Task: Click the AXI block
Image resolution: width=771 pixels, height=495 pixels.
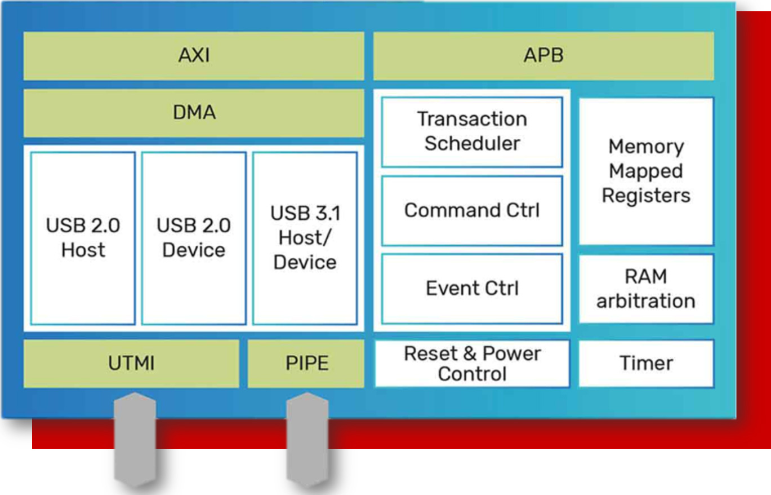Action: (x=194, y=56)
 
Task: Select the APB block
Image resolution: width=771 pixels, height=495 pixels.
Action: (x=543, y=56)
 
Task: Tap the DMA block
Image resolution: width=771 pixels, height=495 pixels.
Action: (x=194, y=113)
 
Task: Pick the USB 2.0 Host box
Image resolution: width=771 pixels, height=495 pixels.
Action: (x=83, y=238)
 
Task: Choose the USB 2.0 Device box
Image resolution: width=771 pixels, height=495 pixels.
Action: (x=194, y=238)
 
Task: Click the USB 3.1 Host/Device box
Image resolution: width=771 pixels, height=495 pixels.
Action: (x=305, y=238)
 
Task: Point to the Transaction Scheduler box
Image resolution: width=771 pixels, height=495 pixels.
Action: (x=472, y=132)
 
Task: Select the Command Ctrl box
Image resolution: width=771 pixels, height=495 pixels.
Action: (x=472, y=210)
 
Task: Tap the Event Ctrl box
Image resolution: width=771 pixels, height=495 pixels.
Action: (x=472, y=288)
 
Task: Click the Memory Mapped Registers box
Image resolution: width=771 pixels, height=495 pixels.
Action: (x=646, y=171)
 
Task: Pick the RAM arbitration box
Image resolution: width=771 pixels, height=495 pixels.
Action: (x=646, y=289)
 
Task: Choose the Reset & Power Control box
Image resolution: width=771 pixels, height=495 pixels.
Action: (x=472, y=364)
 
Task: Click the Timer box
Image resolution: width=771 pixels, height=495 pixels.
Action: (x=646, y=364)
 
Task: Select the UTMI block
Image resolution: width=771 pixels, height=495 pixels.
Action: (x=131, y=364)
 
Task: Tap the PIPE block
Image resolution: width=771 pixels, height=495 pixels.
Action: (x=306, y=364)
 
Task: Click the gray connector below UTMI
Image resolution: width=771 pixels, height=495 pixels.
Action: (x=135, y=440)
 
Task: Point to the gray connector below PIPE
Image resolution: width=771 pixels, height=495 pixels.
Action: (x=307, y=440)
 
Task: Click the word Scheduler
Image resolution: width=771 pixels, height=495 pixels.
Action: (x=472, y=144)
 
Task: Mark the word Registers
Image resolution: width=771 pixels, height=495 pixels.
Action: (x=646, y=196)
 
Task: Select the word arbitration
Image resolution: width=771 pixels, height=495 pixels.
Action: (x=646, y=301)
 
